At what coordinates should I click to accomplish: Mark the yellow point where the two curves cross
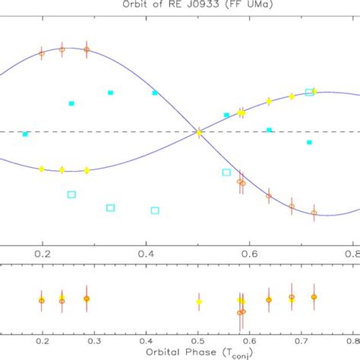coord(199,132)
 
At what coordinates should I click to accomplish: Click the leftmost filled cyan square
coord(26,134)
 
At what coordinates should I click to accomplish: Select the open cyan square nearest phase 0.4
coord(155,210)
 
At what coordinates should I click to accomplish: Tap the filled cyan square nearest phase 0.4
coord(155,93)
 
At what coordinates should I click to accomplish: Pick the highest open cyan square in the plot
coord(309,92)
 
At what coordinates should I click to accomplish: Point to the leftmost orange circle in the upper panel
coord(42,53)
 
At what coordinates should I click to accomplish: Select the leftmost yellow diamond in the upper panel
coord(42,169)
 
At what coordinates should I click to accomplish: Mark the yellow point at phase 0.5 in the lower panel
coord(199,302)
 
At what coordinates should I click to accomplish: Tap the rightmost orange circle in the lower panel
coord(314,297)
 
